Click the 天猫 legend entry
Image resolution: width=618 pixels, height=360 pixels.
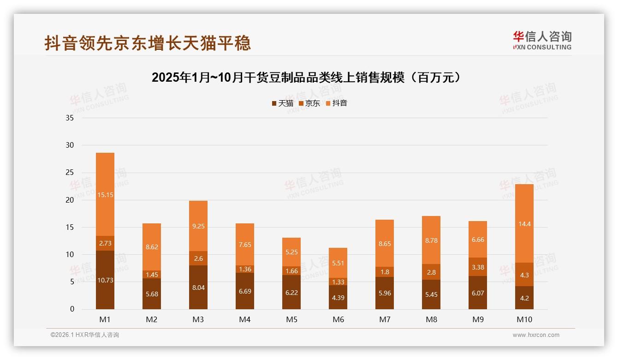pyautogui.click(x=282, y=103)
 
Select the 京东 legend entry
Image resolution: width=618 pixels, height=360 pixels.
pyautogui.click(x=309, y=103)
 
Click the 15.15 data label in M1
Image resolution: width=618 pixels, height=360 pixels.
pyautogui.click(x=105, y=195)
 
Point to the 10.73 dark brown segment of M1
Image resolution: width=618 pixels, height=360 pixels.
pyautogui.click(x=105, y=280)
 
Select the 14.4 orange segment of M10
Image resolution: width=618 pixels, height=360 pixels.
pyautogui.click(x=524, y=223)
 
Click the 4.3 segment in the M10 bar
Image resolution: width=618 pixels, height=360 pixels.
pyautogui.click(x=524, y=275)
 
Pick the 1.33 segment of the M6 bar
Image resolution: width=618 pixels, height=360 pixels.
pyautogui.click(x=338, y=282)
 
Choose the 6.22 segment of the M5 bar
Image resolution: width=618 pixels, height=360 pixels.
pyautogui.click(x=291, y=292)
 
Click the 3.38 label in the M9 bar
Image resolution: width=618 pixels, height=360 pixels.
pyautogui.click(x=478, y=267)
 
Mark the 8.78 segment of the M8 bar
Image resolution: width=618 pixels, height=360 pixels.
pyautogui.click(x=431, y=240)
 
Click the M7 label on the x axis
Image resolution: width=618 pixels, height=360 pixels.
pyautogui.click(x=385, y=319)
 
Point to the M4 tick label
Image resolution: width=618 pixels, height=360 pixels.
pyautogui.click(x=245, y=319)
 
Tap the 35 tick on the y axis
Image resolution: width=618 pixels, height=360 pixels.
pyautogui.click(x=70, y=118)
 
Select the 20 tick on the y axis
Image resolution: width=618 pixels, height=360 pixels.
pyautogui.click(x=70, y=200)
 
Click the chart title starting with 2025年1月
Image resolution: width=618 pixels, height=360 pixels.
pyautogui.click(x=307, y=78)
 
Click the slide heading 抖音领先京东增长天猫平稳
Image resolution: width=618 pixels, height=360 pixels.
pyautogui.click(x=148, y=42)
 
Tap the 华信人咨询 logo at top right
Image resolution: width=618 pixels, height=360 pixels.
pyautogui.click(x=542, y=41)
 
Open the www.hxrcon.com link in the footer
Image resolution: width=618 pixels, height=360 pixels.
pyautogui.click(x=536, y=335)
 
